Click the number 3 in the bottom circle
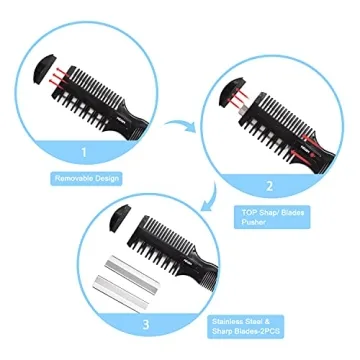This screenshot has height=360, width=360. click(146, 322)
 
